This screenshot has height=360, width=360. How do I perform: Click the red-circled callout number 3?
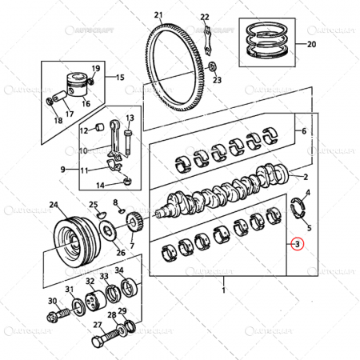[297, 244]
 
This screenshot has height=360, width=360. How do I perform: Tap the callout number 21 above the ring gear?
[158, 15]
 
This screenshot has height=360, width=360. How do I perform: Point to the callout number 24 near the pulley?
[53, 206]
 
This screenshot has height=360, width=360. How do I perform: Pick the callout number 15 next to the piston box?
[121, 78]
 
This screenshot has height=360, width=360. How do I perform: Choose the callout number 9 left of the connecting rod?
[62, 170]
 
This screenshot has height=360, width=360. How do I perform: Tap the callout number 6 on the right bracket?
[304, 130]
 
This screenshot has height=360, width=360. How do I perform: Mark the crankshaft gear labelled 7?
[135, 219]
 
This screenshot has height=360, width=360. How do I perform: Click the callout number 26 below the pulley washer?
[121, 253]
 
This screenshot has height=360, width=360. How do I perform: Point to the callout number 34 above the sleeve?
[118, 270]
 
